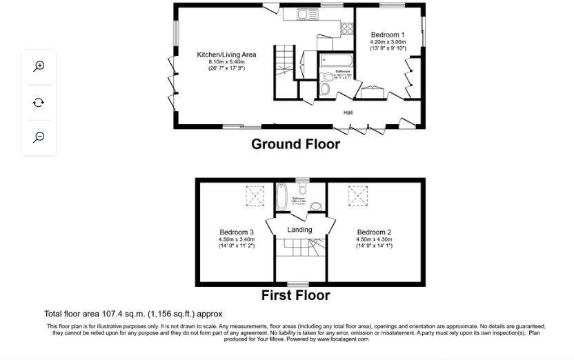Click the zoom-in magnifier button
39,66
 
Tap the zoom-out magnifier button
39,137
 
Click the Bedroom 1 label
388,34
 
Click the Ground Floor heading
295,144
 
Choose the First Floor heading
295,295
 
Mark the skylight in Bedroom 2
358,197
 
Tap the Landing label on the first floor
299,230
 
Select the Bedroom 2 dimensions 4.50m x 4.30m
374,239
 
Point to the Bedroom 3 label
237,232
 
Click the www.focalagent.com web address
342,339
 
